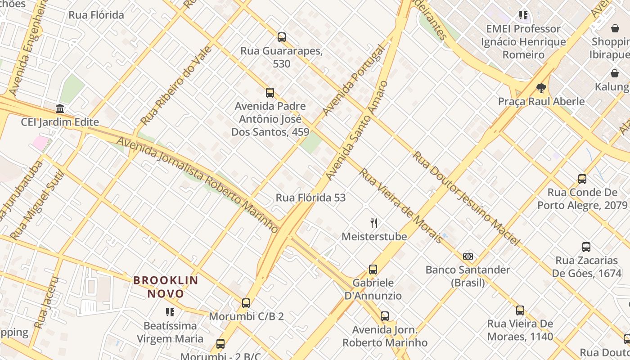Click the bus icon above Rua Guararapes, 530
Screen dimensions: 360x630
pyautogui.click(x=282, y=37)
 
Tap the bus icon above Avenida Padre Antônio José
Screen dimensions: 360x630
pyautogui.click(x=270, y=93)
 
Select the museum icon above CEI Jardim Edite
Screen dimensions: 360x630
pyautogui.click(x=60, y=109)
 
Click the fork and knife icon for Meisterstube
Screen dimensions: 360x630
pyautogui.click(x=374, y=223)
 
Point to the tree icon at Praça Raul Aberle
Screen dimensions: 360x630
pyautogui.click(x=541, y=88)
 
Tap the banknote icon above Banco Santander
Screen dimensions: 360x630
pyautogui.click(x=468, y=256)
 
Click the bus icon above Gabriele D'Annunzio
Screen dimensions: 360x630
pyautogui.click(x=373, y=270)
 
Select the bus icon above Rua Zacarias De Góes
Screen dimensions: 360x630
pyautogui.click(x=586, y=247)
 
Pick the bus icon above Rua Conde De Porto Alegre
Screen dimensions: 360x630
pyautogui.click(x=582, y=179)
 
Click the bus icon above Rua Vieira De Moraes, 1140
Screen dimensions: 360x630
pyautogui.click(x=520, y=310)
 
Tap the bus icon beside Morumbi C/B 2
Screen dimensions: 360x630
pyautogui.click(x=246, y=303)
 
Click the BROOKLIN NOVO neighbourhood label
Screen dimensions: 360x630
pyautogui.click(x=166, y=287)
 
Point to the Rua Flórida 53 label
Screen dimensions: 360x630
pyautogui.click(x=310, y=198)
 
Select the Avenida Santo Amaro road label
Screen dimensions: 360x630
pyautogui.click(x=356, y=130)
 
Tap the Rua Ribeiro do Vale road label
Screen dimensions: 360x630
pyautogui.click(x=176, y=85)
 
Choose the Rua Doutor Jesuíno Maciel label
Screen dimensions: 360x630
pyautogui.click(x=466, y=198)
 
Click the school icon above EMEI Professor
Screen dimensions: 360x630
pyautogui.click(x=523, y=15)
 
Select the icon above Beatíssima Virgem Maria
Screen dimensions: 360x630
pyautogui.click(x=170, y=312)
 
